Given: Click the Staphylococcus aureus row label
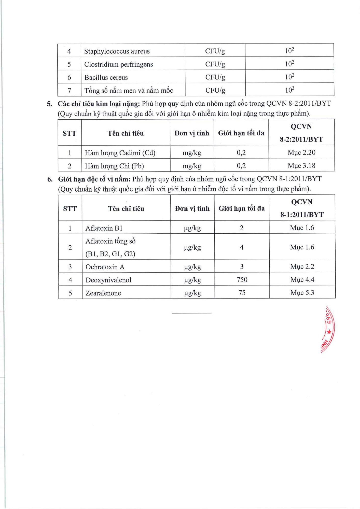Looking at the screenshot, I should pos(117,51).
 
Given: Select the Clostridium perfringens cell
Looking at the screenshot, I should pos(119,64).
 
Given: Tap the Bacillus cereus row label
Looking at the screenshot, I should pos(106,77).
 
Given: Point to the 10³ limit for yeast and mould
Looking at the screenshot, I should pos(289,90).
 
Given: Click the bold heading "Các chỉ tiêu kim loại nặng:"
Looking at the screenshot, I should pos(99,104).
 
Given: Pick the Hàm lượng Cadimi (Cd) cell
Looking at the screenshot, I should pos(120,153).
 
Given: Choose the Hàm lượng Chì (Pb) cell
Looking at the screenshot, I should pos(114,166).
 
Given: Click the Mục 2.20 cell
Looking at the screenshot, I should pos(301,152).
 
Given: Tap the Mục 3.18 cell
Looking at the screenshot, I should pos(301,166).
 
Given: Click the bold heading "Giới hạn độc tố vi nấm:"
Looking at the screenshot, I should pos(94,179).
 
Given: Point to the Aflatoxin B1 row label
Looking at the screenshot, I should pos(104,228).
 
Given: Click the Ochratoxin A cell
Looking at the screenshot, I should pos(105,267).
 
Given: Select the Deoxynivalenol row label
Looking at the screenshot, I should pos(108,280).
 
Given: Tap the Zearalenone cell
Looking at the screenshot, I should pos(103,293).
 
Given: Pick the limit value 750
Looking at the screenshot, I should pos(242,280).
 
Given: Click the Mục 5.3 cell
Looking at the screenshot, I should pos(302,293).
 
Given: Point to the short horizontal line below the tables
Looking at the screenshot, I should pos(192,313).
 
